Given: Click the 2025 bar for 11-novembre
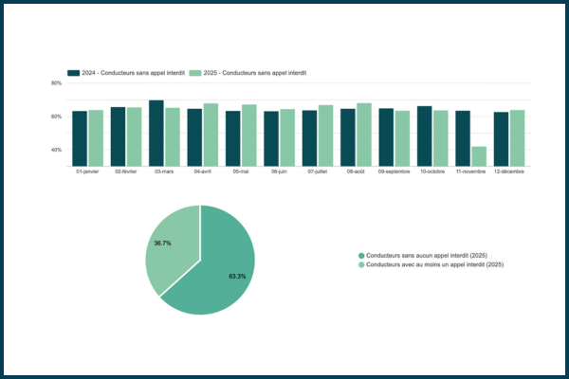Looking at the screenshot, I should pyautogui.click(x=479, y=156).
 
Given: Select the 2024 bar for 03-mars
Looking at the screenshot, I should pyautogui.click(x=156, y=133).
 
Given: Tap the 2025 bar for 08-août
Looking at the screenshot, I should pyautogui.click(x=364, y=135).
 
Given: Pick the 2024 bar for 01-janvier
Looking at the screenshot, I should pyautogui.click(x=80, y=138).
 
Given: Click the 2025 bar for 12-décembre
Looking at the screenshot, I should pyautogui.click(x=517, y=138).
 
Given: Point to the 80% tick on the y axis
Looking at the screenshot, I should pyautogui.click(x=56, y=83).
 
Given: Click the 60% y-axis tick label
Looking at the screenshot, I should pyautogui.click(x=56, y=117).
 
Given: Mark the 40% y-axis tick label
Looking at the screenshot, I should pyautogui.click(x=56, y=150).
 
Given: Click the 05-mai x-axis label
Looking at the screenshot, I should pyautogui.click(x=242, y=171).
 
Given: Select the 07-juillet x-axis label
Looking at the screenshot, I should pyautogui.click(x=319, y=171).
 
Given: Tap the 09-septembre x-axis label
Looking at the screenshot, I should pyautogui.click(x=395, y=171).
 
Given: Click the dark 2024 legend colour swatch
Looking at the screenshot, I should pyautogui.click(x=72, y=72).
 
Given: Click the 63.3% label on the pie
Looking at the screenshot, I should pyautogui.click(x=237, y=277).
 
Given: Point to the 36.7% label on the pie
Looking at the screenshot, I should pyautogui.click(x=162, y=244).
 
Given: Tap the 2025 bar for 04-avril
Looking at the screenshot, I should pyautogui.click(x=211, y=135).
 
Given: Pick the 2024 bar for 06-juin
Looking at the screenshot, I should pyautogui.click(x=271, y=138).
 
